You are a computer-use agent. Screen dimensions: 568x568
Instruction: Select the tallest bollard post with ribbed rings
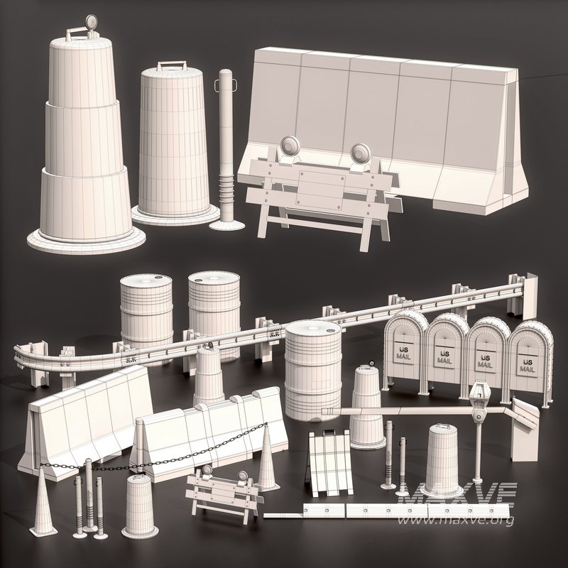tap(226, 149)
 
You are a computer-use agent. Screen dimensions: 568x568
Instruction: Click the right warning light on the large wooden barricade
tap(360, 153)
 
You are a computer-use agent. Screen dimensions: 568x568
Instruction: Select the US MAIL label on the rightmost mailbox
tap(527, 365)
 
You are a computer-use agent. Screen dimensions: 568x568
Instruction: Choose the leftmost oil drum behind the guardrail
tap(146, 312)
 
